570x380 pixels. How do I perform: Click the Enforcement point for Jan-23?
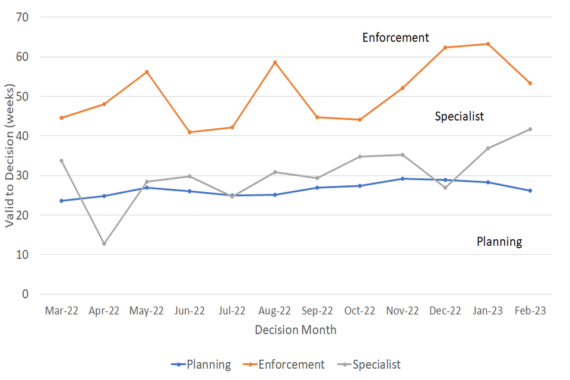tap(487, 44)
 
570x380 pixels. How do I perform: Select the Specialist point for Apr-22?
tap(104, 243)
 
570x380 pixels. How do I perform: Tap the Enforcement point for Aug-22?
tap(275, 62)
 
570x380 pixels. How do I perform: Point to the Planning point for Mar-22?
tap(61, 201)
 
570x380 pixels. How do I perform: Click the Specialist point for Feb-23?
tap(530, 129)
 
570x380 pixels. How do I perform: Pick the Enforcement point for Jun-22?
tap(189, 132)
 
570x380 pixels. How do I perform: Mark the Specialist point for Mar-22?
tap(61, 161)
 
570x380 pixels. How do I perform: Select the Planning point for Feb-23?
tap(530, 191)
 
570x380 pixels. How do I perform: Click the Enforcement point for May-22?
tap(147, 72)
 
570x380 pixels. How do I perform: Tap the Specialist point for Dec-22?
tap(445, 188)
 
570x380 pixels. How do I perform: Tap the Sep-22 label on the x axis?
tap(318, 311)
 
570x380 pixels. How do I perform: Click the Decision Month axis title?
tap(296, 330)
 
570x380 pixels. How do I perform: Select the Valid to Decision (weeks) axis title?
tap(9, 156)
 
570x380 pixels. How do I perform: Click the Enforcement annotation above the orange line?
tap(395, 37)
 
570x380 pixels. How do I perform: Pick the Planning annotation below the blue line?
tap(499, 242)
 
